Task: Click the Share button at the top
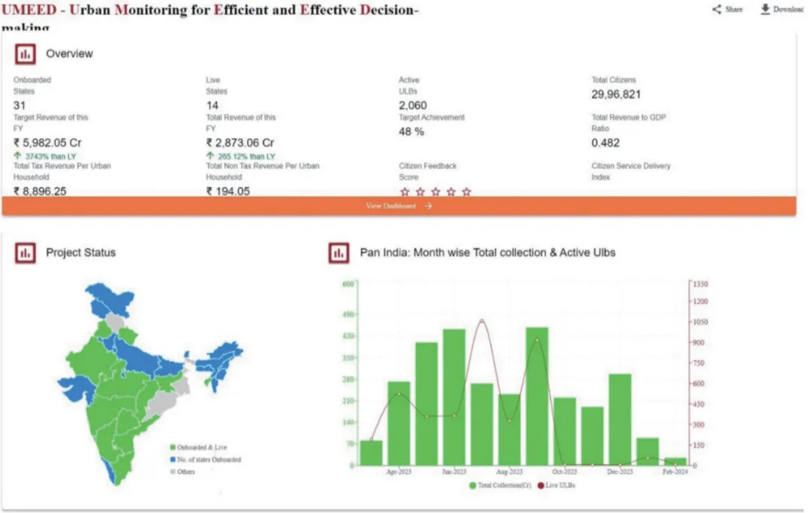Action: point(728,10)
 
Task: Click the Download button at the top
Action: point(782,10)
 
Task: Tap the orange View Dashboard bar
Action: point(399,206)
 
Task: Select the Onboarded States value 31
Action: point(20,106)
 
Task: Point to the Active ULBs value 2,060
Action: point(412,106)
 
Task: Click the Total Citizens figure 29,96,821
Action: point(616,95)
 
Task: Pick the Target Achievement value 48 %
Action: point(411,131)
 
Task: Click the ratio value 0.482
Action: point(605,143)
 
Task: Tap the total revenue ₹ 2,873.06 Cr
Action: point(240,143)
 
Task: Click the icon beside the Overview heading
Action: point(26,54)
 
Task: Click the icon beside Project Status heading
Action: point(26,253)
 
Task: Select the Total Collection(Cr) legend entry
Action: point(499,486)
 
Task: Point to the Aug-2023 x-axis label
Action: point(509,472)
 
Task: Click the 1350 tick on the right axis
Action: point(701,285)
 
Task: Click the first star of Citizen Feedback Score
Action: point(405,192)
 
